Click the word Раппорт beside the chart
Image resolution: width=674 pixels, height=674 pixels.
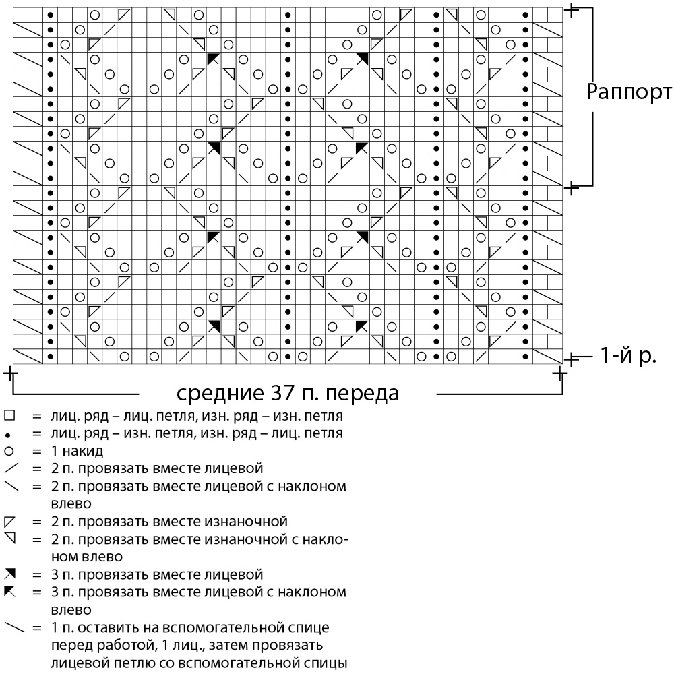pos(629,92)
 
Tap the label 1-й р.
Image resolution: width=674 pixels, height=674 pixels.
pos(628,355)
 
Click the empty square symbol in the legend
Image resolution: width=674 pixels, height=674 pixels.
pos(9,415)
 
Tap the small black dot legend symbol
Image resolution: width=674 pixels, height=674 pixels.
pos(8,435)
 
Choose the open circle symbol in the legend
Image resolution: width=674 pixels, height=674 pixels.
pos(9,451)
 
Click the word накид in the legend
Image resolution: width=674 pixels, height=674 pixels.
pos(82,452)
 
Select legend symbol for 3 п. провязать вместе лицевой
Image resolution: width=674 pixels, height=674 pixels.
pos(10,574)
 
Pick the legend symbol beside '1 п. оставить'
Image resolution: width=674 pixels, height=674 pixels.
pos(14,627)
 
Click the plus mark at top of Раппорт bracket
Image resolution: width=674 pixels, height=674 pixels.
pos(572,10)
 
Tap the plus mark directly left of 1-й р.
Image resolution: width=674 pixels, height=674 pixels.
pos(571,359)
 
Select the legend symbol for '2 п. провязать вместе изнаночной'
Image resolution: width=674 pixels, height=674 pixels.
pos(9,522)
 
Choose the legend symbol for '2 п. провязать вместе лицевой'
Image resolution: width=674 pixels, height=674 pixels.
pos(10,468)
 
